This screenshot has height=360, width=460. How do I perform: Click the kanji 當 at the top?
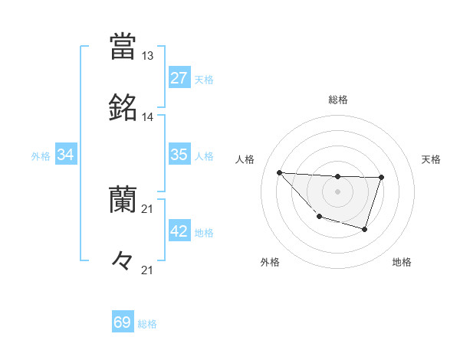pos(123,46)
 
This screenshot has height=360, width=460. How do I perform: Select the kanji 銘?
pos(123,108)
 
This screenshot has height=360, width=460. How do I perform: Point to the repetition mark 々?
pos(123,261)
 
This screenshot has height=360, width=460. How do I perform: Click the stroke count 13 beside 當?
pos(147,56)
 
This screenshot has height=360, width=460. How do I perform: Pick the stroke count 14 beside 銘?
pos(147,117)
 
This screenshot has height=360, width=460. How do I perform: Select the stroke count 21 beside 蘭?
pos(147,209)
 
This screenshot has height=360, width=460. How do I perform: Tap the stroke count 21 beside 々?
pos(147,270)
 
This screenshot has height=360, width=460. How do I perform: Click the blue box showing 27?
pos(179,78)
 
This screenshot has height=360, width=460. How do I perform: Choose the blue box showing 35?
pos(179,155)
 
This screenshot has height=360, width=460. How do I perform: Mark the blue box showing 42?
pos(179,231)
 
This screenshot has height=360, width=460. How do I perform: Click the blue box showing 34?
pos(66,155)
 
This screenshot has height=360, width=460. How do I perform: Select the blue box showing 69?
pos(123,322)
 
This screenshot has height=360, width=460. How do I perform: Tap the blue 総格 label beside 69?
pos(147,324)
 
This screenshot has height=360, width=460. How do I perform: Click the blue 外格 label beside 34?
pos(41,155)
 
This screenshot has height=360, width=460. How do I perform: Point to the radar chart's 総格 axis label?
pos(338,100)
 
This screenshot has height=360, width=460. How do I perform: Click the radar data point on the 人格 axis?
pos(279,172)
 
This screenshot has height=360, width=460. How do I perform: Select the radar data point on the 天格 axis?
pos(382,178)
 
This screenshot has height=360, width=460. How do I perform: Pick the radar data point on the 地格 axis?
pos(365,229)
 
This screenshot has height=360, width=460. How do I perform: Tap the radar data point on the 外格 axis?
pos(319,217)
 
